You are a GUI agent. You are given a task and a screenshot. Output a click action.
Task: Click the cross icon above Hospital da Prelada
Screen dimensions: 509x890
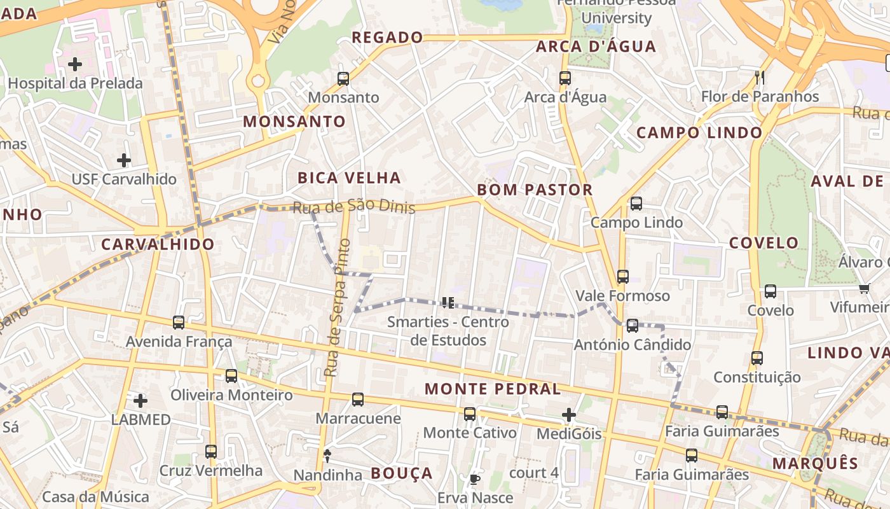(75, 64)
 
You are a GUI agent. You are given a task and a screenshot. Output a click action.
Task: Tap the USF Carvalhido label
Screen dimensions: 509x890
(123, 179)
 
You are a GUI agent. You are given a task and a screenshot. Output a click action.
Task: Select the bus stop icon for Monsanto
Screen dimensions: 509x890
(343, 79)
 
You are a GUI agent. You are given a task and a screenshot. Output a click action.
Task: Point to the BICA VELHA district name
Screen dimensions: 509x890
(349, 178)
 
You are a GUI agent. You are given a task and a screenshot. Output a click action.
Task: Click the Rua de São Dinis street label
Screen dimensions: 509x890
(353, 206)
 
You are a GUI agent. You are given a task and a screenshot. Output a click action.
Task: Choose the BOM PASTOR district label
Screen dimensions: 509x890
(535, 190)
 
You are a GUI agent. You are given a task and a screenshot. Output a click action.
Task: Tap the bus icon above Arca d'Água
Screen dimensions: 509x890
(565, 78)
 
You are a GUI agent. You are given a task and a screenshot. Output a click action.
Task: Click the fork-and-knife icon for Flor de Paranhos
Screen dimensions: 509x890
(760, 78)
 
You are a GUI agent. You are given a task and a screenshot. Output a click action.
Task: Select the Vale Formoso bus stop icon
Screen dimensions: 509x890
(623, 277)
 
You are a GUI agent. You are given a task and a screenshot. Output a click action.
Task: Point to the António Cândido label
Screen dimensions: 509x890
(632, 345)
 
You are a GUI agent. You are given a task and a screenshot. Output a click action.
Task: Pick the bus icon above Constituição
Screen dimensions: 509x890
(756, 358)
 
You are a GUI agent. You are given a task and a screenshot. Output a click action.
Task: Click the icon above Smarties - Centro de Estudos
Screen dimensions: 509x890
(448, 303)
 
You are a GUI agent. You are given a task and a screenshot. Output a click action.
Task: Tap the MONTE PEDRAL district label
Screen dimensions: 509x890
(493, 389)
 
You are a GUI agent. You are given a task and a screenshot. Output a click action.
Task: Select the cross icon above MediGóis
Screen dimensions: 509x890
(569, 415)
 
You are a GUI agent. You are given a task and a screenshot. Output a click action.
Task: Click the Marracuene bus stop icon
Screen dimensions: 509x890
(358, 400)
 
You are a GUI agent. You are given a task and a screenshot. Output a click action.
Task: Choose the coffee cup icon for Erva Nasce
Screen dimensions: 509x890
(474, 479)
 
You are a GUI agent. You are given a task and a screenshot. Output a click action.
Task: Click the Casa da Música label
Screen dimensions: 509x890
(96, 497)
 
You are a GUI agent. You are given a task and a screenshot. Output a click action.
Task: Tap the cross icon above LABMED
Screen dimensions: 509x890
(140, 401)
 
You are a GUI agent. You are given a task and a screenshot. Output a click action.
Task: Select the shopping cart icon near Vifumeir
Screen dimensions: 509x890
(864, 289)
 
